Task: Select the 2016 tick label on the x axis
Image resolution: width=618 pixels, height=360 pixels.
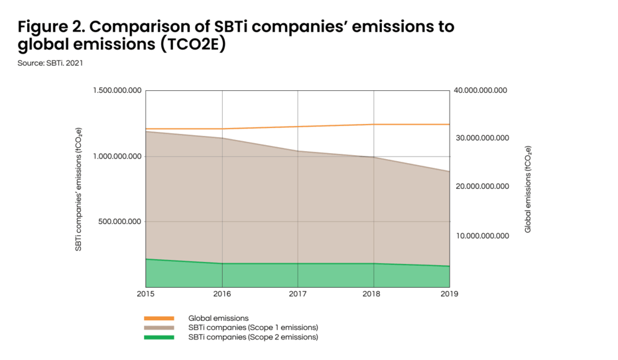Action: tap(221, 293)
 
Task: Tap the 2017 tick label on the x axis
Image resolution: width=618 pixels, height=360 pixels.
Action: tap(298, 293)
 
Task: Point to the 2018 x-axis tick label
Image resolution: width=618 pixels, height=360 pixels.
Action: tap(374, 293)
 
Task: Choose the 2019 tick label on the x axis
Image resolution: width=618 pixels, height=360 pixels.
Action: tap(450, 293)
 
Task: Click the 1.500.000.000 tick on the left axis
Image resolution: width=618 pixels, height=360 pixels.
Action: tap(117, 90)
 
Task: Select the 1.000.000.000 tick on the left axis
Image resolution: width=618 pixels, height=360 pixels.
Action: tap(117, 156)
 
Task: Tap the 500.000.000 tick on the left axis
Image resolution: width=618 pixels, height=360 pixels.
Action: tap(121, 221)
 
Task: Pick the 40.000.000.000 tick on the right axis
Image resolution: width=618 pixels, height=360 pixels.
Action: tap(480, 90)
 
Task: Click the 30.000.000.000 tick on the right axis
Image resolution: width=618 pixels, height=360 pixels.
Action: tap(481, 138)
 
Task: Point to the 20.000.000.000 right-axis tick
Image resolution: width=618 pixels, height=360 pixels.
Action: tap(481, 186)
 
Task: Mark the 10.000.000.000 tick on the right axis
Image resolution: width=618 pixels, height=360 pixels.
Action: tap(481, 235)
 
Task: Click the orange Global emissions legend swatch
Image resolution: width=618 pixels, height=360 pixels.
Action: tap(158, 318)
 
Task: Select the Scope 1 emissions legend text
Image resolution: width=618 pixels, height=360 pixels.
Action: tap(253, 328)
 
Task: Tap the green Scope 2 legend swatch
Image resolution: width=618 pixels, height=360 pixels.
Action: tap(158, 337)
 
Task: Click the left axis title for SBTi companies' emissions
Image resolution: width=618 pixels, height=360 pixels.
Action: tap(78, 188)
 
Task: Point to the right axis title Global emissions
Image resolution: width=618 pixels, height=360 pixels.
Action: tap(528, 189)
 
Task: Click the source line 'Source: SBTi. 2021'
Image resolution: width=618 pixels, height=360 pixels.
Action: tap(50, 63)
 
